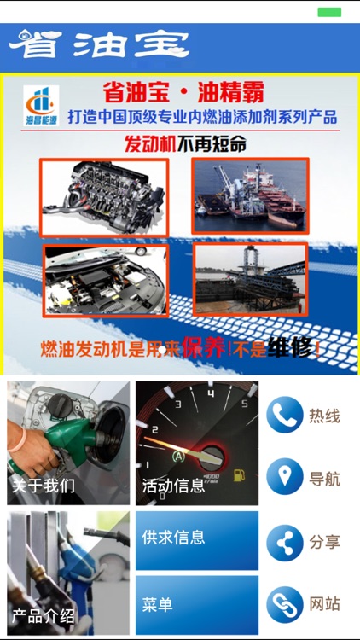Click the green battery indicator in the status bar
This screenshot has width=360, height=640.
coord(329,12)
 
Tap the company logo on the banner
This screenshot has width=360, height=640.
coord(41,107)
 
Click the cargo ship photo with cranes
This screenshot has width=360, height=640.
coord(250,195)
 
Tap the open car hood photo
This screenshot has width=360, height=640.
coord(94,281)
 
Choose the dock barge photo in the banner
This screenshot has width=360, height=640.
coord(249,279)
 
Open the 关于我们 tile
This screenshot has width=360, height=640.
coord(68,443)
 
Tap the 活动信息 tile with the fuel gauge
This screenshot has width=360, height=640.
coord(197,443)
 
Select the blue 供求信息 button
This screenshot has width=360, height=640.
coord(197,539)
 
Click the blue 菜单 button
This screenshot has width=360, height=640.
coord(197,604)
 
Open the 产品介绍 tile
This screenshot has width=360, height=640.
coord(68,573)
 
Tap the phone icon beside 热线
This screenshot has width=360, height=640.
coord(284,416)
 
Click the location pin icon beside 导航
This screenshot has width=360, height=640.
coord(284,477)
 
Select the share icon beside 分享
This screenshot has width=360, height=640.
coord(284,542)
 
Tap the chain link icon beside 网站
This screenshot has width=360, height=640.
coord(284,604)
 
